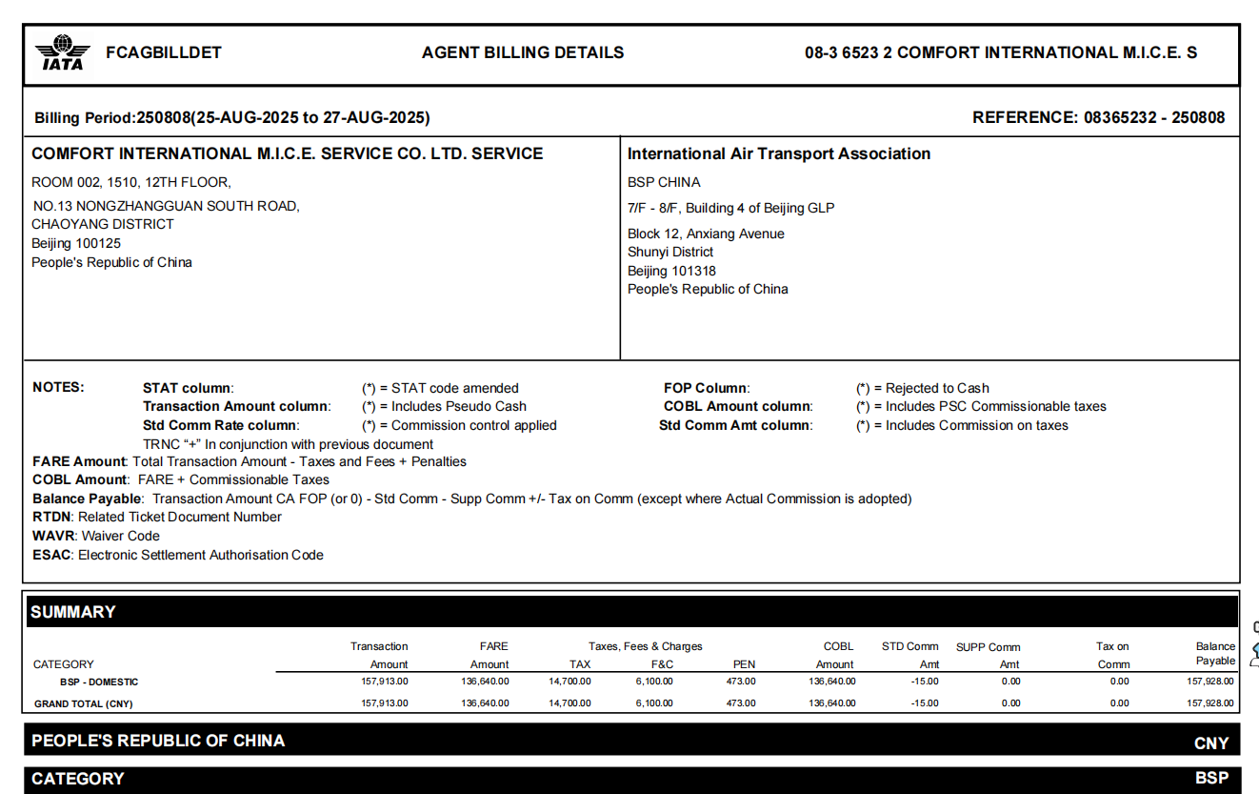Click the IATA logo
pos(63,52)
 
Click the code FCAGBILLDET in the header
pos(164,52)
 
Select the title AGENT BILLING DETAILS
pos(523,52)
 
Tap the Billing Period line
pos(232,117)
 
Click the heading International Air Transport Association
pos(778,153)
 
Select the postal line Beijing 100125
pos(76,243)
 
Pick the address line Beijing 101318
pos(671,271)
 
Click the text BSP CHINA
pos(664,182)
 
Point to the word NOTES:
pos(58,387)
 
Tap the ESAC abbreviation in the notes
pos(52,555)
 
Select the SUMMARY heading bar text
pos(73,612)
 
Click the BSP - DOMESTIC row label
pos(99,682)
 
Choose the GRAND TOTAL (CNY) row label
pos(84,703)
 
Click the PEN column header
pos(744,664)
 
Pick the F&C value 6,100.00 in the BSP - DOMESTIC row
pos(653,682)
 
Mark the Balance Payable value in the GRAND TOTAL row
pos(1210,703)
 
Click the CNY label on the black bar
pos(1210,743)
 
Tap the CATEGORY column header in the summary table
pos(64,664)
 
